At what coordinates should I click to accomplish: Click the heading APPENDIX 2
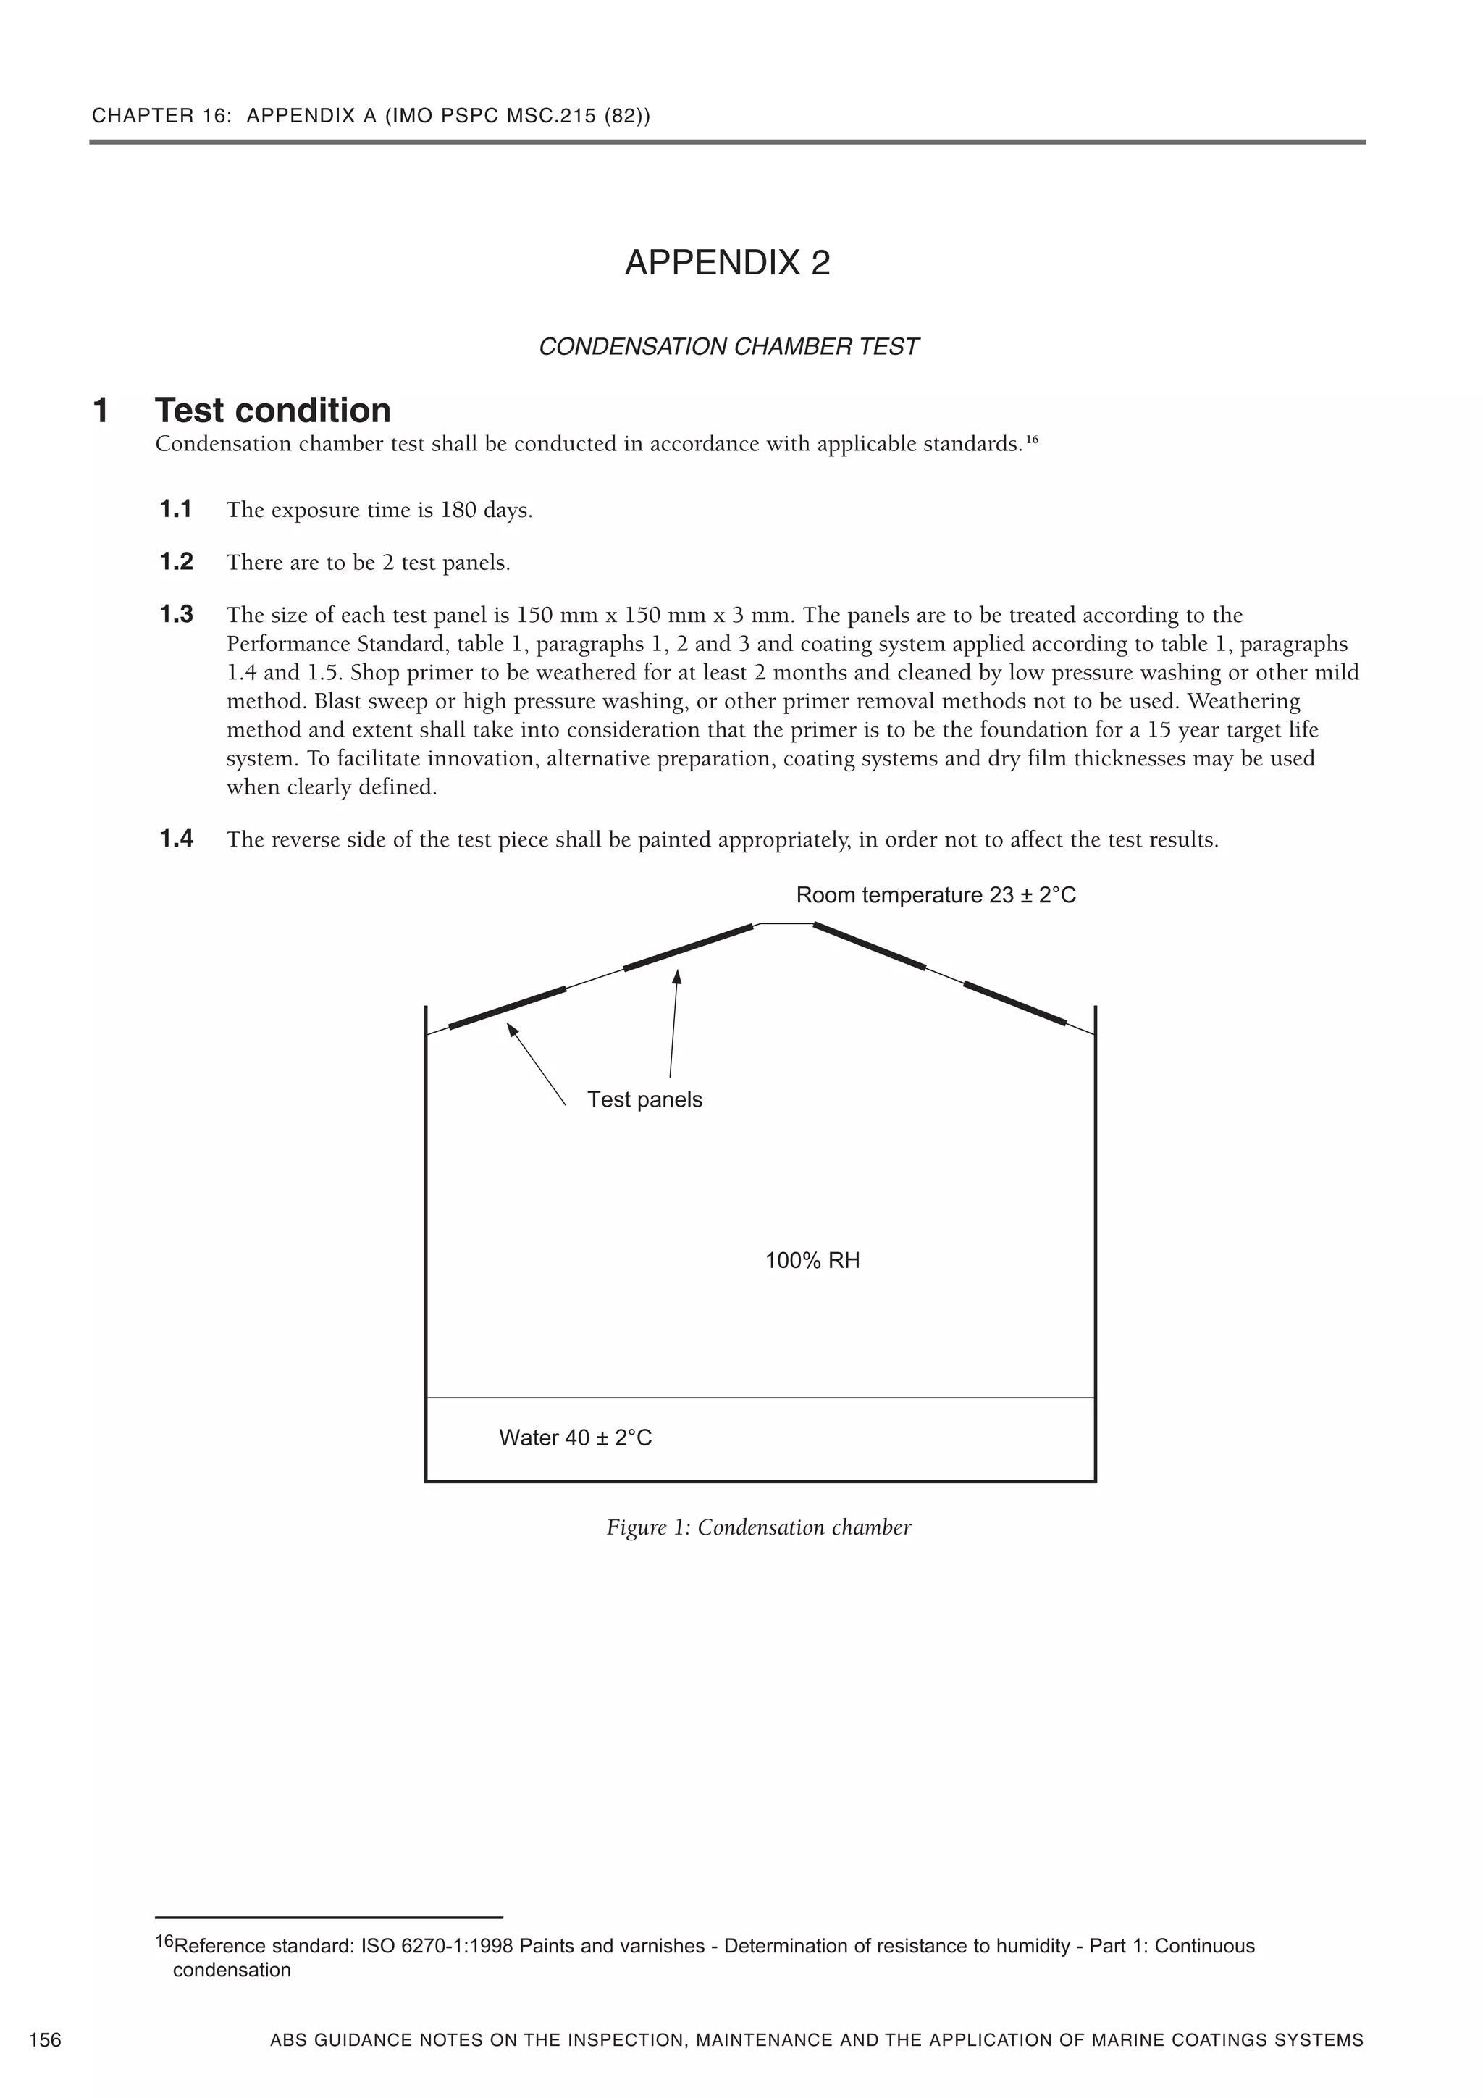pyautogui.click(x=727, y=263)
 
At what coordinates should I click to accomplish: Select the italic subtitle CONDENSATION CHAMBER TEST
pyautogui.click(x=728, y=347)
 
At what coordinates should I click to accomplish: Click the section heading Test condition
pyautogui.click(x=272, y=411)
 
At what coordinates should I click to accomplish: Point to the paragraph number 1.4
pyautogui.click(x=177, y=838)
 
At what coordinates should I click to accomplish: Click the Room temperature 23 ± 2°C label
pyautogui.click(x=936, y=894)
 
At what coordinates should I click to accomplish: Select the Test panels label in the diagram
pyautogui.click(x=644, y=1099)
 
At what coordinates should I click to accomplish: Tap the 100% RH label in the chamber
pyautogui.click(x=812, y=1261)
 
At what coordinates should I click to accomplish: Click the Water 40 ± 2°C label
pyautogui.click(x=575, y=1438)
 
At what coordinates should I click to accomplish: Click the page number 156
pyautogui.click(x=46, y=2039)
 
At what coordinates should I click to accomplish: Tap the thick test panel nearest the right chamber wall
pyautogui.click(x=1014, y=1003)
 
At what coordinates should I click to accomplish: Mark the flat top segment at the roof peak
pyautogui.click(x=786, y=924)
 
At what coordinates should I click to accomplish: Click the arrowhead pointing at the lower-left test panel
pyautogui.click(x=513, y=1030)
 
